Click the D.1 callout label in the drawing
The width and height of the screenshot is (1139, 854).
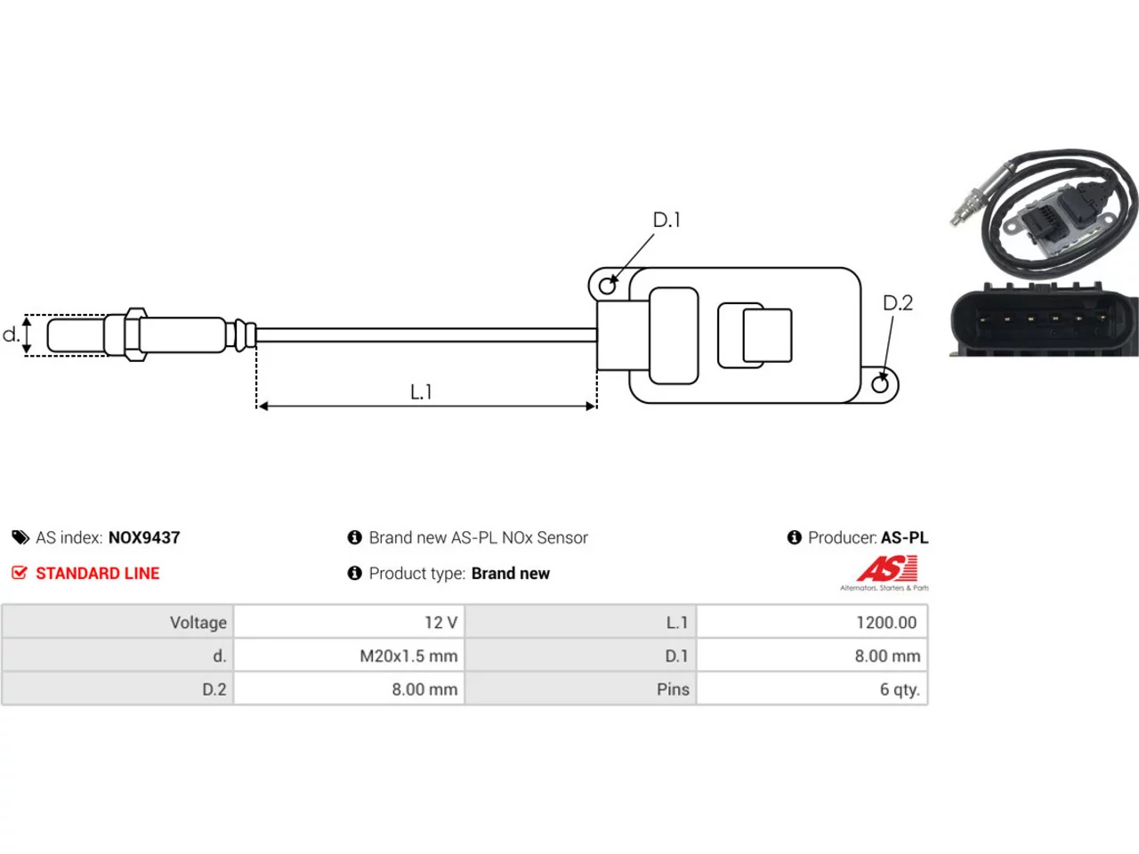(x=666, y=220)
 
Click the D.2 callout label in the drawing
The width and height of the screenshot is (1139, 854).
(x=897, y=302)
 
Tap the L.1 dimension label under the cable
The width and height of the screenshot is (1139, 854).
(x=421, y=392)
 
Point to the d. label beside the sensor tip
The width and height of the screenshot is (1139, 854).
(x=12, y=334)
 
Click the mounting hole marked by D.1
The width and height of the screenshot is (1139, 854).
(x=607, y=286)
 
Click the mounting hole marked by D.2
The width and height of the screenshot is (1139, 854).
(x=879, y=384)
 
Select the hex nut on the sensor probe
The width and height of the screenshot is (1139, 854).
(x=135, y=334)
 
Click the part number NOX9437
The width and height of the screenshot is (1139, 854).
(x=144, y=537)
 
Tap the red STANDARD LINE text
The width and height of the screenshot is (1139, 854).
(x=98, y=574)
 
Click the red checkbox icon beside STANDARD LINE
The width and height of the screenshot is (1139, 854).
(x=20, y=572)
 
